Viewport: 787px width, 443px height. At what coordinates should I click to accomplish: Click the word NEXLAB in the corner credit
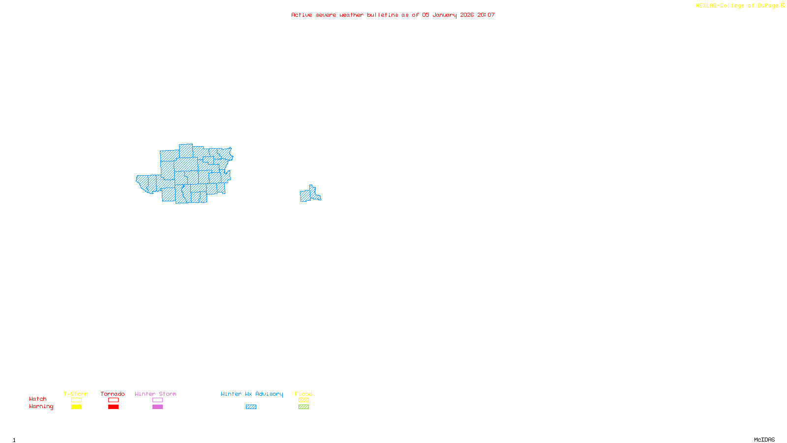coord(706,6)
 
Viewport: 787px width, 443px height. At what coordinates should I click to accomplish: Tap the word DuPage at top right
coord(768,6)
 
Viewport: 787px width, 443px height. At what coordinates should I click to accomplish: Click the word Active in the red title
coord(302,15)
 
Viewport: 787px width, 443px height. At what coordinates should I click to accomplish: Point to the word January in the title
coord(445,15)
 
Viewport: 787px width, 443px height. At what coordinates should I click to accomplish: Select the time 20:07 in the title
coord(486,15)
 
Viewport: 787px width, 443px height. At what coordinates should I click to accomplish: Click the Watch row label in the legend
coord(38,399)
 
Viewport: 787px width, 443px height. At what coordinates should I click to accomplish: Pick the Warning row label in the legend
coord(41,407)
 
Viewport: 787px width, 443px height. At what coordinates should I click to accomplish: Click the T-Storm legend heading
coord(76,394)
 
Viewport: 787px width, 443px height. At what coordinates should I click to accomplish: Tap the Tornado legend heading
coord(113,394)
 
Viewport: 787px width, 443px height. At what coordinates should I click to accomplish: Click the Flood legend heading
coord(303,394)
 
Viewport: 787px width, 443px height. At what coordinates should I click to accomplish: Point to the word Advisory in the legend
coord(269,394)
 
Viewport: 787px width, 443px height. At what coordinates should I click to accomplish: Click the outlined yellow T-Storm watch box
coord(76,400)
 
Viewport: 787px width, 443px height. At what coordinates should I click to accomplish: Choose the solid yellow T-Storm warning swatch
coord(76,407)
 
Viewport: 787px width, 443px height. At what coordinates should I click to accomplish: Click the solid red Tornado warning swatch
coord(113,407)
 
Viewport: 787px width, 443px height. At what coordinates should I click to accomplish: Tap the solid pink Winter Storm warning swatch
coord(157,407)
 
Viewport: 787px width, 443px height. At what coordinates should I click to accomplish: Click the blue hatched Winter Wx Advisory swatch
coord(251,407)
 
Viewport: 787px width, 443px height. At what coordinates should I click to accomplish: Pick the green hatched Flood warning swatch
coord(303,407)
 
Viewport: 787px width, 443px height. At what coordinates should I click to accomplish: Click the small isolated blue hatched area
coord(308,195)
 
